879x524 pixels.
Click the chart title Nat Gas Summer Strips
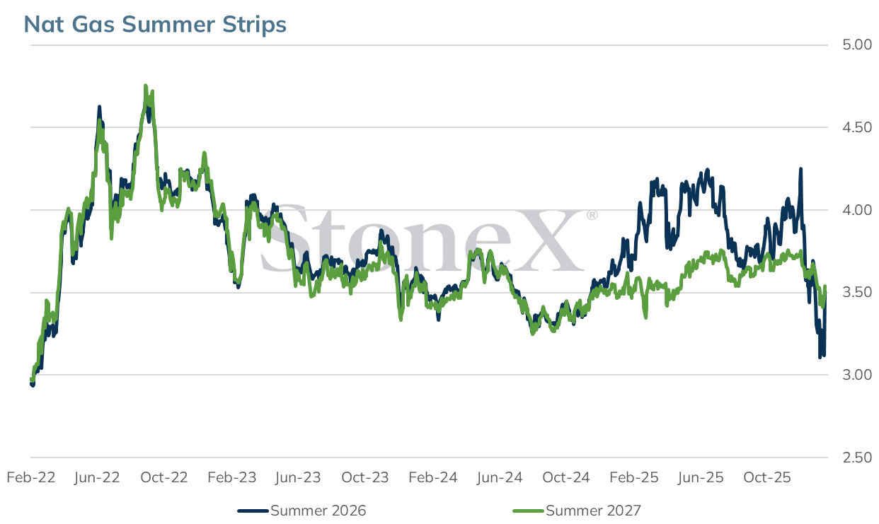point(155,25)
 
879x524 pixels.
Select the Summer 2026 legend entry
point(301,511)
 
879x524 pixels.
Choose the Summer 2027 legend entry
point(577,511)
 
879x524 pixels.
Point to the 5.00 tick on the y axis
point(856,45)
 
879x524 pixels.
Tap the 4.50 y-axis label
point(856,127)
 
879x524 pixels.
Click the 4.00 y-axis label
point(856,210)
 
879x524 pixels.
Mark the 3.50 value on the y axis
point(856,292)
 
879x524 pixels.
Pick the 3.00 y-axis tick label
point(856,375)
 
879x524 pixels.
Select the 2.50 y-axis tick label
point(856,458)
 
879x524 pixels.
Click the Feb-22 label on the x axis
point(31,477)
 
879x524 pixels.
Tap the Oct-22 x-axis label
point(164,477)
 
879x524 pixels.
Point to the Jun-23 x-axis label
point(298,477)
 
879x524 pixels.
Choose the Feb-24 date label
point(433,477)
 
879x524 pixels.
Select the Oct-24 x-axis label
point(566,477)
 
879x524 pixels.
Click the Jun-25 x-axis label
point(700,477)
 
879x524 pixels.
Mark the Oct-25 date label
point(766,477)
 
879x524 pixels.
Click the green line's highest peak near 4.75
point(146,86)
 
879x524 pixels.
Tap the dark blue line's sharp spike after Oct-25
point(800,168)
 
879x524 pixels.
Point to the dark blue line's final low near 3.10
point(820,357)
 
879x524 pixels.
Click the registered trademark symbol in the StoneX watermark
point(592,215)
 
